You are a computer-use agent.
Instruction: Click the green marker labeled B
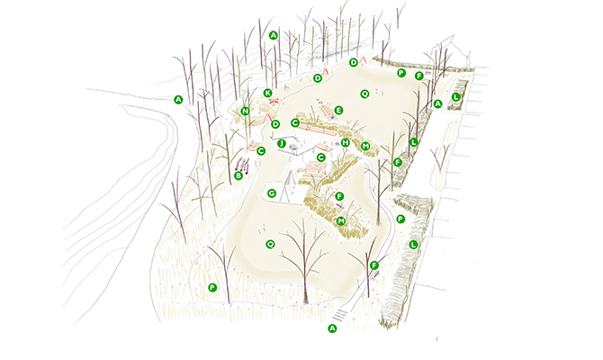[x=238, y=175]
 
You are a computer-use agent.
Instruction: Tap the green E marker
[x=338, y=111]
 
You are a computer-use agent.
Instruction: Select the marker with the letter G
[x=272, y=193]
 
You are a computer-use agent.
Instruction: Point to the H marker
[x=346, y=143]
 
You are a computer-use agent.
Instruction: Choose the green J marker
[x=282, y=144]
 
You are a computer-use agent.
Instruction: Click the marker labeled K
[x=267, y=93]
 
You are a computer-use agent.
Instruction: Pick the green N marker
[x=245, y=112]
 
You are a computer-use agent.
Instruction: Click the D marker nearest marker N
[x=275, y=124]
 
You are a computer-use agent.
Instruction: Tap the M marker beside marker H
[x=365, y=146]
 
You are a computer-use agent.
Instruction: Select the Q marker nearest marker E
[x=364, y=94]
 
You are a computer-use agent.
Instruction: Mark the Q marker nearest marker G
[x=270, y=244]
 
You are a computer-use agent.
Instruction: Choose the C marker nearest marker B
[x=261, y=151]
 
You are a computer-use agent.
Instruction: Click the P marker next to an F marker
[x=401, y=73]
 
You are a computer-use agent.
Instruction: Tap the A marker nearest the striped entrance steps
[x=332, y=328]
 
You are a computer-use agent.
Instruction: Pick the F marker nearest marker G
[x=338, y=196]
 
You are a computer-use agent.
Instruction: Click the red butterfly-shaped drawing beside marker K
[x=274, y=101]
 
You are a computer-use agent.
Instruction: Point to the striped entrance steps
[x=340, y=314]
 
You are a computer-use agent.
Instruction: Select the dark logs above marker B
[x=242, y=165]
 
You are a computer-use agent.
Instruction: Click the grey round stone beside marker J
[x=294, y=147]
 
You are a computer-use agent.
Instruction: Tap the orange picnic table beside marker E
[x=327, y=110]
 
